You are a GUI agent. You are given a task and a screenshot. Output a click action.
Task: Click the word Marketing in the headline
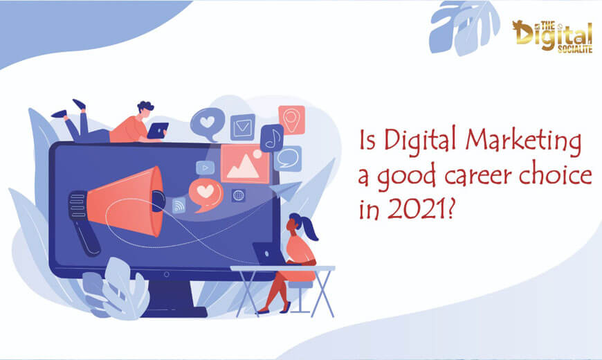click(523, 142)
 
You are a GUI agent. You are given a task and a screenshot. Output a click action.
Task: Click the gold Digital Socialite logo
click(552, 37)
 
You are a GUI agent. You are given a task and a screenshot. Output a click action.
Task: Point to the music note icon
click(272, 138)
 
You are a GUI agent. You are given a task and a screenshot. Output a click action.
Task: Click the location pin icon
click(292, 120)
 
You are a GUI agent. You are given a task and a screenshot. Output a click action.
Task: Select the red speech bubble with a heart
click(206, 194)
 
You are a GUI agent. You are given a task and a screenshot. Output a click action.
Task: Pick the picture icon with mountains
click(244, 163)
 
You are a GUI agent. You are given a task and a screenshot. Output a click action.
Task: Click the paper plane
click(286, 190)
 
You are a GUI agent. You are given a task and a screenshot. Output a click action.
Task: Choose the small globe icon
click(239, 195)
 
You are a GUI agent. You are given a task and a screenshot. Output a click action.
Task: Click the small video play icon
click(205, 168)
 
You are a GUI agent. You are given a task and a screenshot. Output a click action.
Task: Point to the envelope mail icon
click(243, 127)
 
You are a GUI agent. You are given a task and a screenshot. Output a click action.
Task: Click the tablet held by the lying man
click(158, 130)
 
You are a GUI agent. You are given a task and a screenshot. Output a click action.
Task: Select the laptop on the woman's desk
click(268, 254)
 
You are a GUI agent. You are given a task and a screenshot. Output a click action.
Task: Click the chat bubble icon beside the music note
click(288, 158)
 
